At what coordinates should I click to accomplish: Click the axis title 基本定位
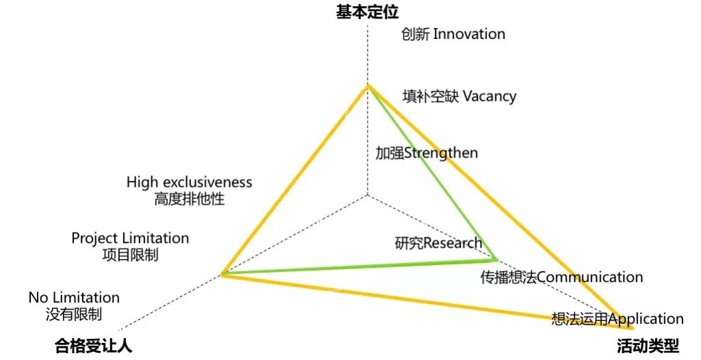point(367,12)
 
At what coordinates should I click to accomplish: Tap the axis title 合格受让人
point(93,346)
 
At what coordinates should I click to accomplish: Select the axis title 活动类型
point(648,346)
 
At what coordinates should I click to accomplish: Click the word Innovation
point(469,34)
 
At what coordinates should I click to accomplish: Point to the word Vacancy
point(489,96)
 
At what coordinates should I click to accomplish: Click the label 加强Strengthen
point(426,153)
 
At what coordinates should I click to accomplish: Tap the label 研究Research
point(439,243)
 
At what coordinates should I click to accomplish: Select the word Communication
point(589,277)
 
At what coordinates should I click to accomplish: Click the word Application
point(646,320)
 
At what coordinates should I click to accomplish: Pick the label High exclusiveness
point(189,183)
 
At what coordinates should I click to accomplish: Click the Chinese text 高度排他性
point(190,199)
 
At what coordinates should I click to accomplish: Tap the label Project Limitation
point(130,238)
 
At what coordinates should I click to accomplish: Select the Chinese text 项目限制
point(130,255)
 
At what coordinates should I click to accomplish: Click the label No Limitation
point(74,298)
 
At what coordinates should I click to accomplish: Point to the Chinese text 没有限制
point(74,314)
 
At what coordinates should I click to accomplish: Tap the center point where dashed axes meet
point(368,194)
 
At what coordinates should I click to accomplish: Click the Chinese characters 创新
point(416,34)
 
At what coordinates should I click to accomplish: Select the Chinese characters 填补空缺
point(431,96)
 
